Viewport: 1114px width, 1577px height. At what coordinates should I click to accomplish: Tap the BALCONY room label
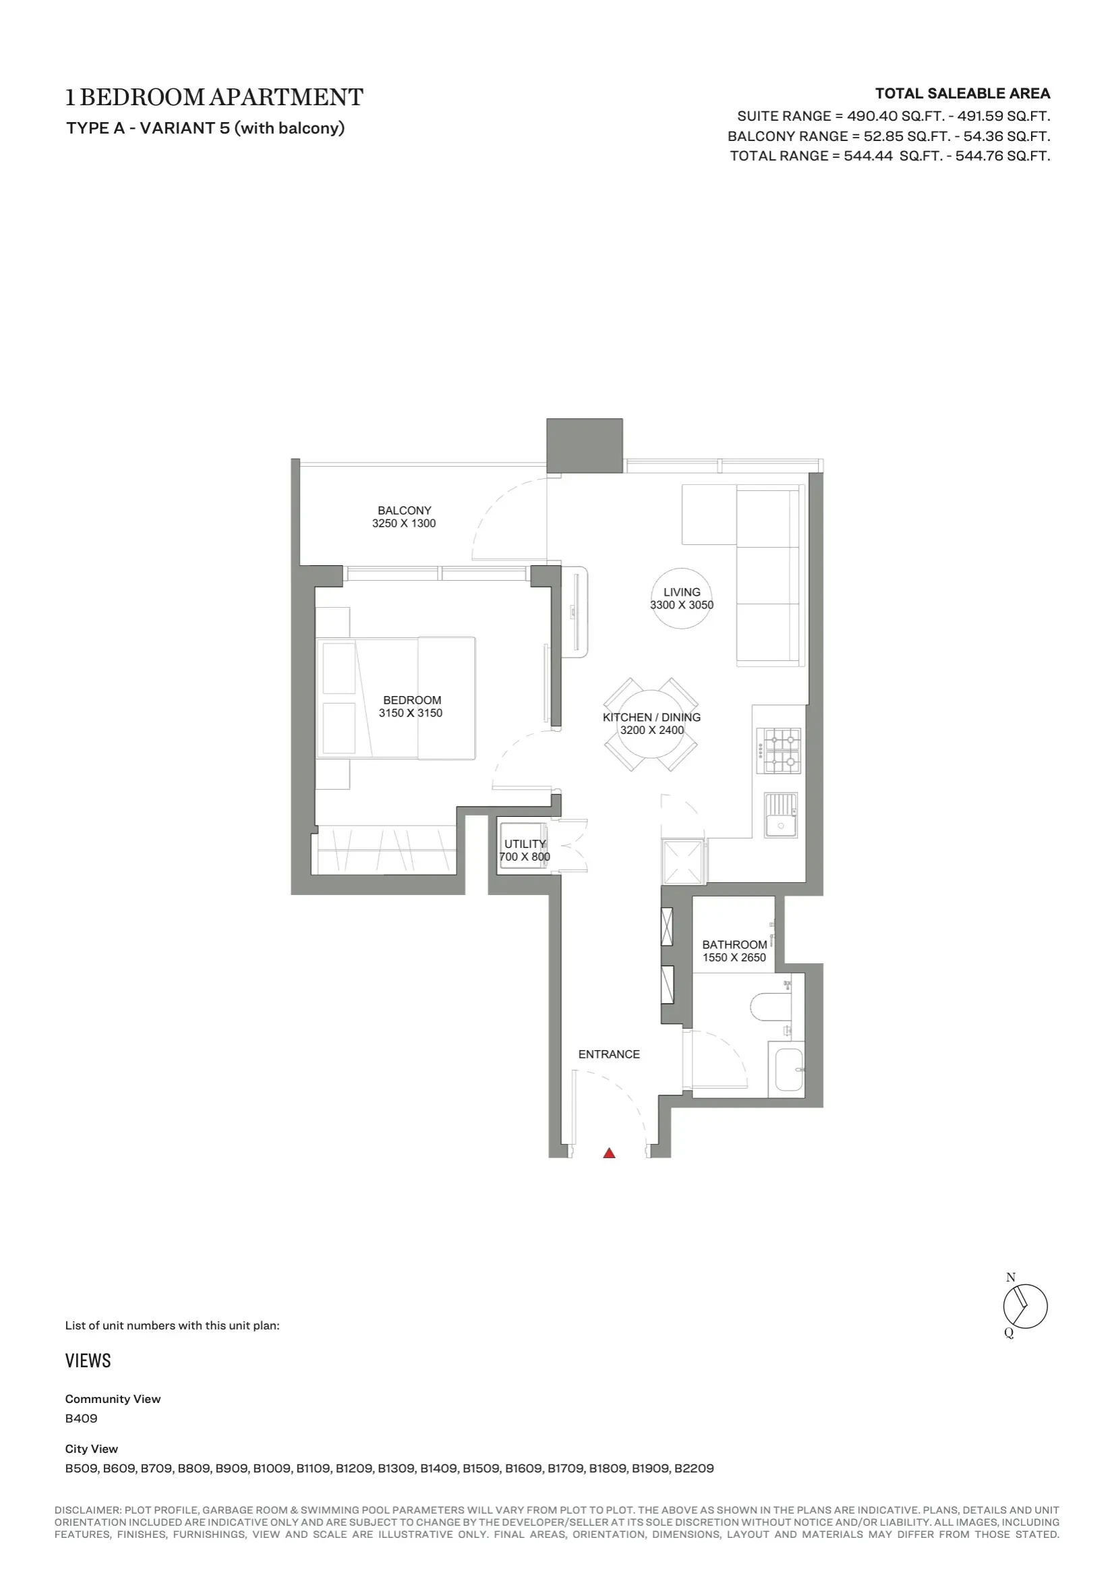tap(405, 511)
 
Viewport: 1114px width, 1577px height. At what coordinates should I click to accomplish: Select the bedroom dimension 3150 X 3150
tap(411, 713)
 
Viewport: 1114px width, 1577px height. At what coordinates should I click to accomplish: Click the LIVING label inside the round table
tap(682, 592)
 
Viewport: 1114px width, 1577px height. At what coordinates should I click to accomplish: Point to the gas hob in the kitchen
tap(779, 751)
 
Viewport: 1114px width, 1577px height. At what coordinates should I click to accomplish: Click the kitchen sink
tap(781, 815)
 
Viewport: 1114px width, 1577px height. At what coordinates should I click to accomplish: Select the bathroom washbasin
tap(788, 1069)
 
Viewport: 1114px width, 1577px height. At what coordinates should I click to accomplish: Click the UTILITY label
tap(525, 844)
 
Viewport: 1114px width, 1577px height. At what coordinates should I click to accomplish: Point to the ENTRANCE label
tap(609, 1054)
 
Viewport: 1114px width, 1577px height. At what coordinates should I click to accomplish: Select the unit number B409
tap(81, 1418)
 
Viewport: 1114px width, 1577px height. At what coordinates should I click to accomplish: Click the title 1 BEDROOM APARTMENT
tap(214, 98)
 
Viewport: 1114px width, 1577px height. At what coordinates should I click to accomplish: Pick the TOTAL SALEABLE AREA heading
tap(962, 93)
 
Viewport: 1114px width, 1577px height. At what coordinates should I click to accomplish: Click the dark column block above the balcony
tap(585, 445)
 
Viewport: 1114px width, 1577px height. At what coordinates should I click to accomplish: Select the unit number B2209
tap(694, 1468)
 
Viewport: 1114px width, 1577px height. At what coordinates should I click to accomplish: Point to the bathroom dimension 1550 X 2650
tap(734, 958)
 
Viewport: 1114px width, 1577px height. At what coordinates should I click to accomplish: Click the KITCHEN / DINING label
tap(652, 717)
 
